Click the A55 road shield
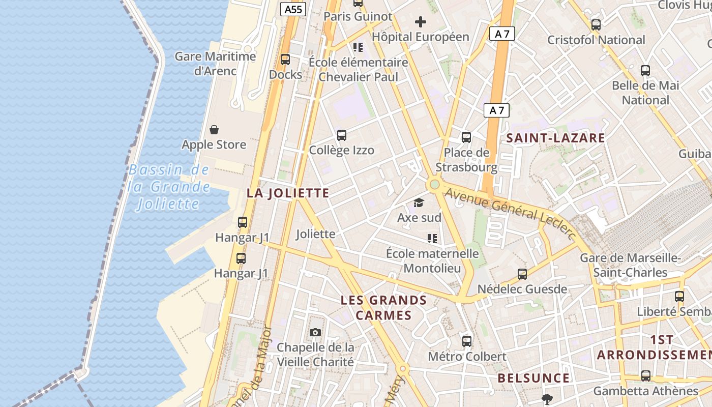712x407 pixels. pos(294,9)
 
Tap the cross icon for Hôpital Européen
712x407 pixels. pos(421,22)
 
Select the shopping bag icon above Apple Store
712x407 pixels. pos(214,130)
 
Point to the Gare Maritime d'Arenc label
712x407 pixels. pos(215,63)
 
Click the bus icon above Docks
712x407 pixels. pos(285,60)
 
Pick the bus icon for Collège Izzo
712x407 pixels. pos(342,135)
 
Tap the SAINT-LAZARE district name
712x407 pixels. pos(555,138)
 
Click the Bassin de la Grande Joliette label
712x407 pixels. pos(169,187)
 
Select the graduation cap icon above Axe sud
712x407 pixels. pos(419,203)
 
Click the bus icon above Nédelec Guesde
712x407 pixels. pos(522,274)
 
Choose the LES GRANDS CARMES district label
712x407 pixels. pos(384,307)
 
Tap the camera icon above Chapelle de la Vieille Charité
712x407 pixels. pos(315,333)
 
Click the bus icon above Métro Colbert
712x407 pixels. pos(467,341)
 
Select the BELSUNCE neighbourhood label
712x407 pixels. pos(533,378)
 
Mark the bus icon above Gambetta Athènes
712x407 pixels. pos(646,376)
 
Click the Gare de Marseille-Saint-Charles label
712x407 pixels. pos(631,265)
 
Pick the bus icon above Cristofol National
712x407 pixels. pos(596,24)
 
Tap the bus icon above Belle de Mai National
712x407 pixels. pos(645,71)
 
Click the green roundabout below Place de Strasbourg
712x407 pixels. pos(434,184)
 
